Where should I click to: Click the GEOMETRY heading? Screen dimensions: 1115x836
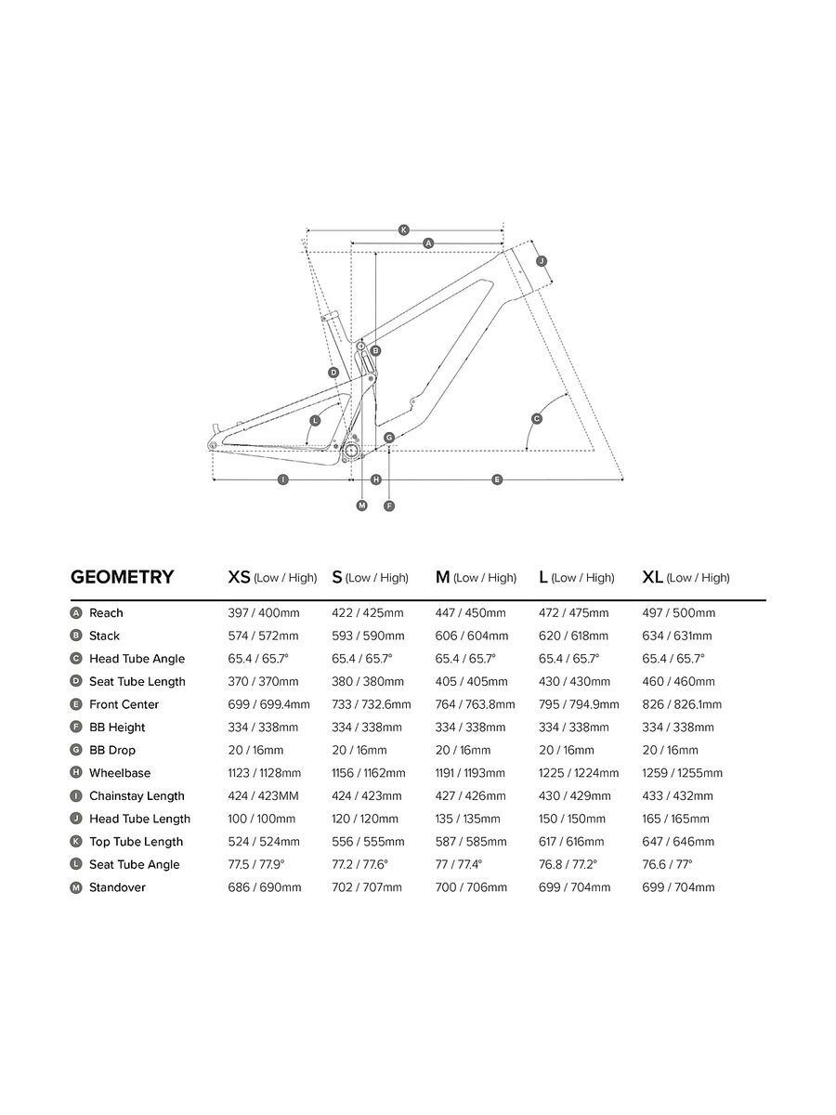(122, 577)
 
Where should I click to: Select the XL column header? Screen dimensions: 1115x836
(686, 577)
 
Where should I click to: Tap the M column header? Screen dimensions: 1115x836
(476, 577)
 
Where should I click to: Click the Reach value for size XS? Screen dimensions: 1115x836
(263, 613)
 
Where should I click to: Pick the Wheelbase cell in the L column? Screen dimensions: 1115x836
(579, 773)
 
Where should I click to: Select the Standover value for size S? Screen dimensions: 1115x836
(367, 887)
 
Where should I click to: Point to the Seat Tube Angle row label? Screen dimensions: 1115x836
(134, 864)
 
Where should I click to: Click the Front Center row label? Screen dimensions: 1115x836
(124, 704)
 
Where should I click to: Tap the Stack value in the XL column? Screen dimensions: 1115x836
(677, 636)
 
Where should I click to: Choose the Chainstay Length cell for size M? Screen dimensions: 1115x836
(471, 796)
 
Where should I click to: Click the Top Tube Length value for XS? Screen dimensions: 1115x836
(264, 842)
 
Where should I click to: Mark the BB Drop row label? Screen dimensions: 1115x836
(111, 750)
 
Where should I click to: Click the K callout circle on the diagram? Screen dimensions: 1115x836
(403, 230)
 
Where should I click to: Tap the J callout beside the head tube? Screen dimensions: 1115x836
(542, 261)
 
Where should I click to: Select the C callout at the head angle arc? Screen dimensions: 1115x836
(536, 419)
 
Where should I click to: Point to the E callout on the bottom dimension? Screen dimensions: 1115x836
(497, 479)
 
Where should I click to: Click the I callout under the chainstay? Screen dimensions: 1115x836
(282, 479)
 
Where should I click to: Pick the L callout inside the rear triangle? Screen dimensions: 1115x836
(315, 421)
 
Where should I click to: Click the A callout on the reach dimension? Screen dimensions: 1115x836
(428, 243)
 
